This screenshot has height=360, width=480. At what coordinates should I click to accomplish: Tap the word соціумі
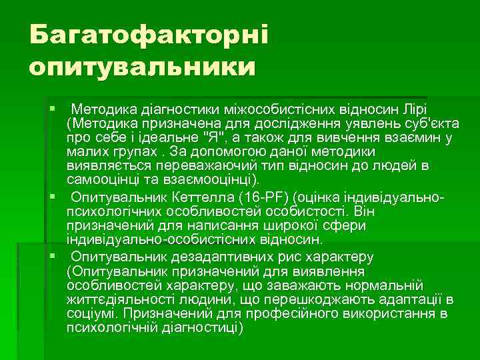click(x=93, y=313)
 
